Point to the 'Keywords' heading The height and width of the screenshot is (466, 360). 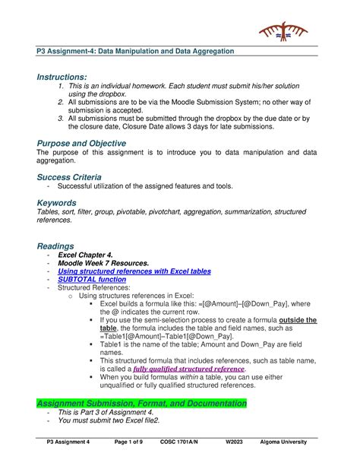(57, 203)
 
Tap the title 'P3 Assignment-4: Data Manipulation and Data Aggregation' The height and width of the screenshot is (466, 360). (137, 50)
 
